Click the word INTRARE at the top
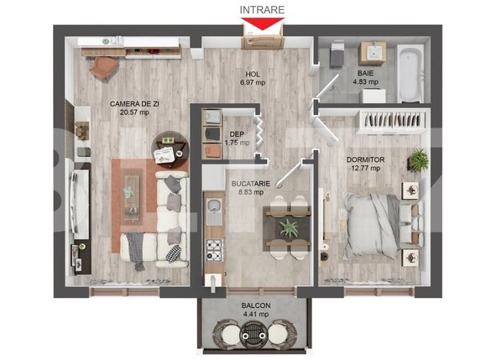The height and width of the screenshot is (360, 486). [262, 9]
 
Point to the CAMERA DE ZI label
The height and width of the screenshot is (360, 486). [134, 103]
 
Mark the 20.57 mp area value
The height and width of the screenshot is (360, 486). [134, 112]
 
